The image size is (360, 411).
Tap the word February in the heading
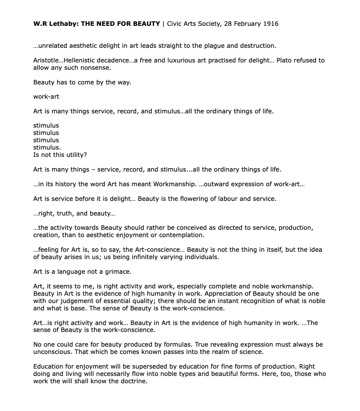[x=246, y=24]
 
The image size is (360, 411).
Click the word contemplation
[x=183, y=235]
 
